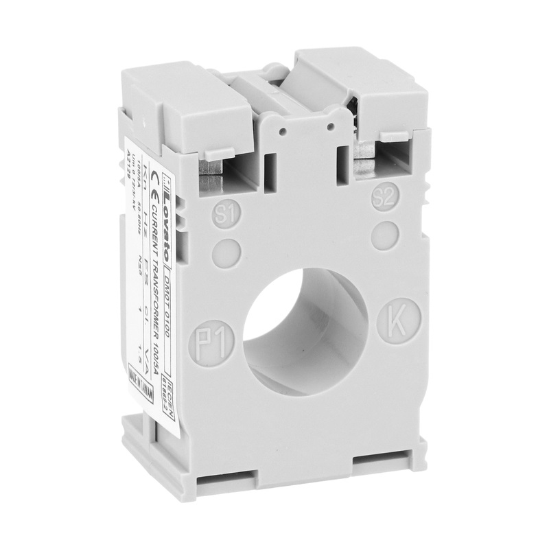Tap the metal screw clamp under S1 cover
(x=212, y=179)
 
